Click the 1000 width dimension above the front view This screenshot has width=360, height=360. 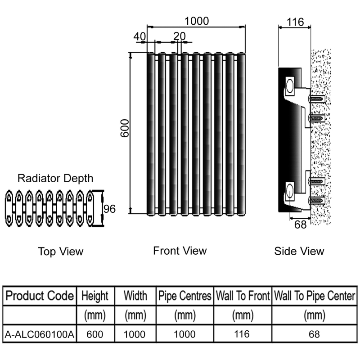(x=197, y=21)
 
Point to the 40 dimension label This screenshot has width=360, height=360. (x=140, y=35)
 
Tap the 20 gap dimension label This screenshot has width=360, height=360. (x=179, y=35)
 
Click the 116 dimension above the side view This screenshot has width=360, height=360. (x=295, y=21)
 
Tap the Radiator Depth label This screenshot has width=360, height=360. (x=55, y=178)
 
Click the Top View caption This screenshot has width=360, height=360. (x=60, y=251)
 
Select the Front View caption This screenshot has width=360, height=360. (x=180, y=250)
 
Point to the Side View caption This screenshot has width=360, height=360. (x=299, y=251)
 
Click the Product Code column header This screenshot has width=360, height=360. (x=39, y=296)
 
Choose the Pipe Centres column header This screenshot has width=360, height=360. (x=185, y=296)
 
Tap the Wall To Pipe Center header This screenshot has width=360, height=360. (x=315, y=296)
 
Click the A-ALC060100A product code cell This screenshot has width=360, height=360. (x=39, y=334)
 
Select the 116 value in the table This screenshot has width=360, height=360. (x=243, y=334)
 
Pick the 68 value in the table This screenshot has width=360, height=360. (x=315, y=334)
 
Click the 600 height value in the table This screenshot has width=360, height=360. (x=95, y=334)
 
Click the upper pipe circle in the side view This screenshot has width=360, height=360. (x=289, y=84)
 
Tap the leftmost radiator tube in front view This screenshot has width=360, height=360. (x=151, y=133)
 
